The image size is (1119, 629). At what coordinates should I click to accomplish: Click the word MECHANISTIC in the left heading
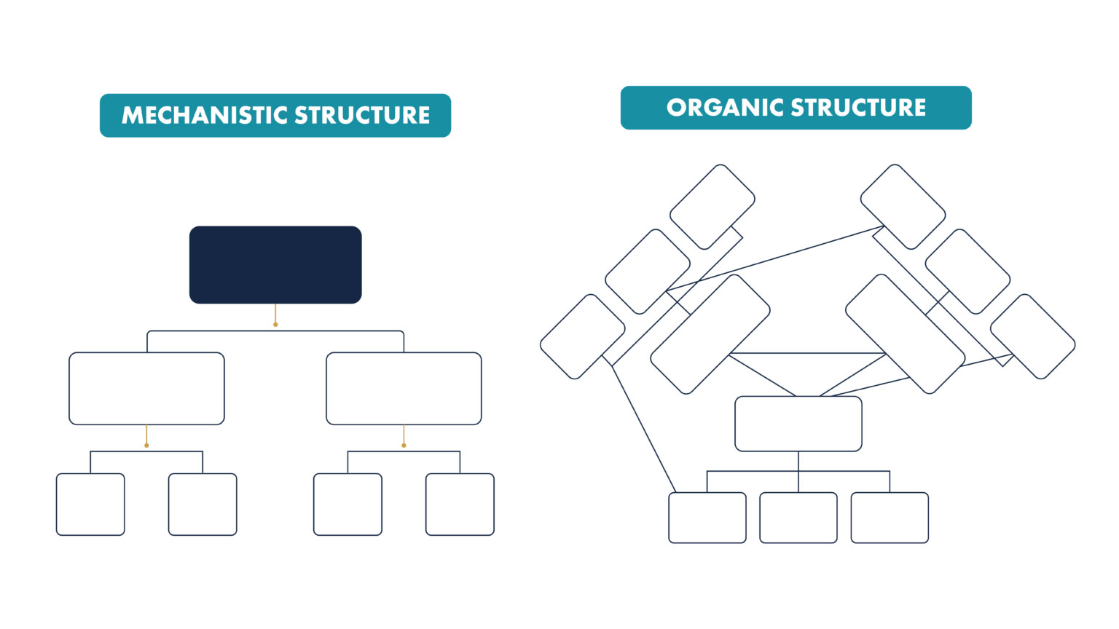click(205, 115)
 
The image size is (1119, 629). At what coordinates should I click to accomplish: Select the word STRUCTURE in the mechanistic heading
click(361, 115)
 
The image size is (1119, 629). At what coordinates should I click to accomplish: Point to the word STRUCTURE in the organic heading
click(858, 108)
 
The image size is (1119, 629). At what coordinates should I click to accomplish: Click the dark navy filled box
click(275, 264)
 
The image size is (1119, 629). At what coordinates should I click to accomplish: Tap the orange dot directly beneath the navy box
click(275, 324)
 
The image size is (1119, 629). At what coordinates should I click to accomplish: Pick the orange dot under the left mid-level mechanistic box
click(146, 445)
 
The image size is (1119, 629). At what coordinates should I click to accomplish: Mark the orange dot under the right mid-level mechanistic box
click(404, 445)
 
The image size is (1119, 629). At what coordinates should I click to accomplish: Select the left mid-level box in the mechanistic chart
click(146, 388)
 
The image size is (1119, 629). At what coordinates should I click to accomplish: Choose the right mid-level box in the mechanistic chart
click(404, 388)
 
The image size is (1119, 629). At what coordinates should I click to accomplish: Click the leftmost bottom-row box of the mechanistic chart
click(90, 505)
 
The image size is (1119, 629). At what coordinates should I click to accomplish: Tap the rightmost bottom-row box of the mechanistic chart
click(460, 505)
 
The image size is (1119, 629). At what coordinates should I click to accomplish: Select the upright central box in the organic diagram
click(798, 424)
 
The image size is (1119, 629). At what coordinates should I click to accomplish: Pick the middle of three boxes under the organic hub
click(798, 518)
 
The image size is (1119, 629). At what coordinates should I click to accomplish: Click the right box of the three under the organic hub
click(890, 518)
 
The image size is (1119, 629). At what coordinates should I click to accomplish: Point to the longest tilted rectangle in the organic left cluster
click(710, 334)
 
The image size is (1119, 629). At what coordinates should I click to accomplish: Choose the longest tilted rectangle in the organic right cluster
click(906, 334)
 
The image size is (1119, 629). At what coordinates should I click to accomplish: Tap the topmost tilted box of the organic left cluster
click(712, 207)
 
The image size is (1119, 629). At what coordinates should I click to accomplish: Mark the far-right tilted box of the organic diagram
click(1032, 336)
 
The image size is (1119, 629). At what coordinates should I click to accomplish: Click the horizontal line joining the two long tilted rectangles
click(807, 353)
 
